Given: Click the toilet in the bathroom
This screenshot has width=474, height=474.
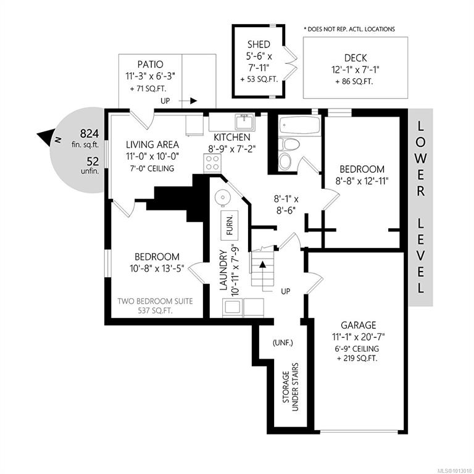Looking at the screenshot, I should click(x=285, y=154).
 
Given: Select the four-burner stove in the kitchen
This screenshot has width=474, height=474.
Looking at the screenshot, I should click(x=212, y=164).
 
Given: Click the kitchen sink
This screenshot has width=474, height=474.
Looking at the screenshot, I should click(x=244, y=120).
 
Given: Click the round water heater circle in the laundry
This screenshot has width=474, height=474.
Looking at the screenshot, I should click(x=222, y=197).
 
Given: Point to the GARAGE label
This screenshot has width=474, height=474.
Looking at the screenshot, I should click(x=358, y=325).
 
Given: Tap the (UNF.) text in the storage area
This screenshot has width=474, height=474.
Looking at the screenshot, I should click(x=283, y=343).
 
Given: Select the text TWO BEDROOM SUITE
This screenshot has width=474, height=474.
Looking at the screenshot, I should click(x=157, y=301).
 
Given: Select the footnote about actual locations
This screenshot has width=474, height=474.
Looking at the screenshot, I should click(x=349, y=29).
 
